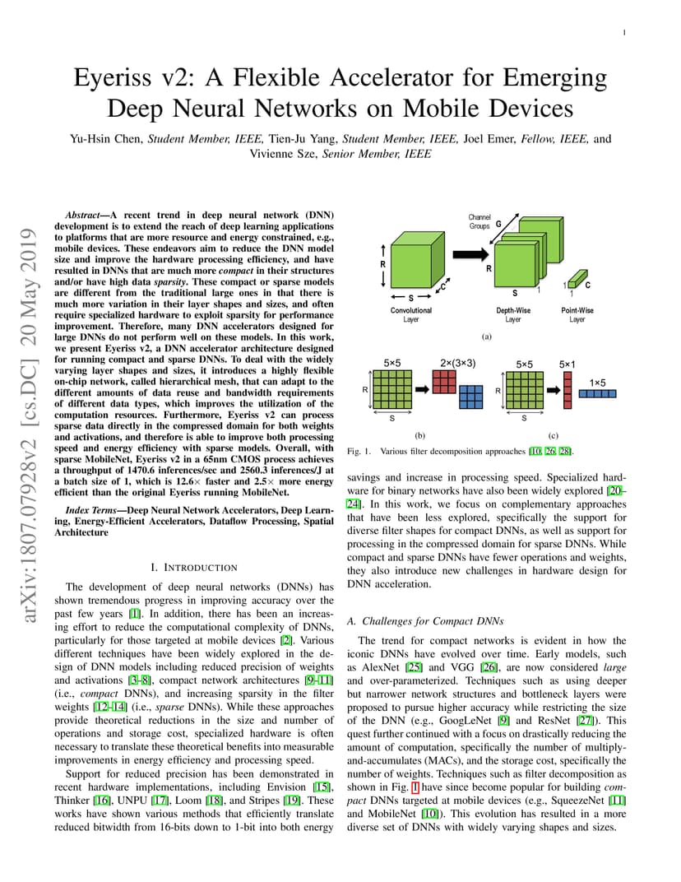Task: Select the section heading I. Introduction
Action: [194, 568]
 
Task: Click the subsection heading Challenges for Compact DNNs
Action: [433, 621]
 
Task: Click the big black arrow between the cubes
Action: [470, 254]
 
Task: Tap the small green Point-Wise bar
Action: [577, 278]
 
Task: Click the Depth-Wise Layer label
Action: [513, 314]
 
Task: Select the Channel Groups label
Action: [479, 221]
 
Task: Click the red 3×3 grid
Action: [444, 382]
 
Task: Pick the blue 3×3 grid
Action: [470, 397]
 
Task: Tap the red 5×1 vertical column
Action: [567, 390]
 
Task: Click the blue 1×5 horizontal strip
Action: [597, 394]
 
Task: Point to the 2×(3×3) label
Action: [457, 364]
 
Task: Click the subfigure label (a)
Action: [487, 337]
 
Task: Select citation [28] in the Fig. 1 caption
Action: [565, 451]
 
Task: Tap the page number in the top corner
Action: [624, 33]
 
